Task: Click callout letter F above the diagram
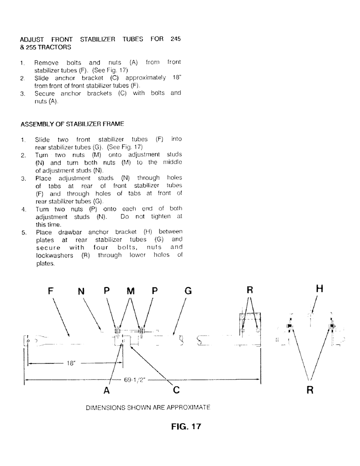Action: pyautogui.click(x=52, y=291)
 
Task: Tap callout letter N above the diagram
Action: pyautogui.click(x=81, y=291)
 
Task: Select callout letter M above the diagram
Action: pyautogui.click(x=131, y=291)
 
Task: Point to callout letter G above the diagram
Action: pyautogui.click(x=188, y=291)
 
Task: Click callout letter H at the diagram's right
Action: pyautogui.click(x=319, y=289)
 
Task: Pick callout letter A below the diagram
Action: pyautogui.click(x=106, y=391)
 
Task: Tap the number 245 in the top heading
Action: pyautogui.click(x=175, y=39)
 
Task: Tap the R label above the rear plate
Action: pyautogui.click(x=249, y=291)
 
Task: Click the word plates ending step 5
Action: pyautogui.click(x=45, y=263)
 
